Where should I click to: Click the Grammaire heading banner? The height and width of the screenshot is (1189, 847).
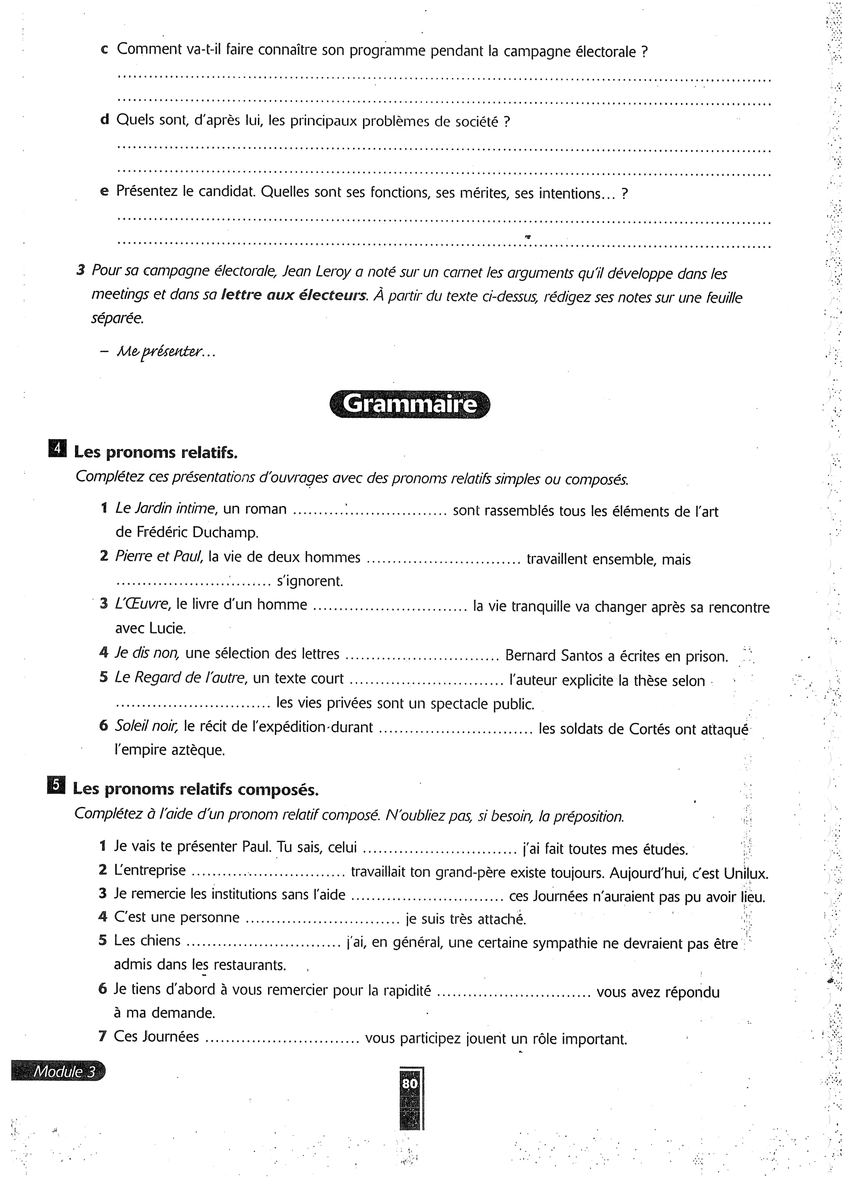[x=410, y=404]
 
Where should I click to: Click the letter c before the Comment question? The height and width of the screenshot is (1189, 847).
[x=104, y=50]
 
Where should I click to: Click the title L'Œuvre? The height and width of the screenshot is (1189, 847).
[x=142, y=604]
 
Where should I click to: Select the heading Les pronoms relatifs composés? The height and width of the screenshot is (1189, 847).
[x=196, y=789]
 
